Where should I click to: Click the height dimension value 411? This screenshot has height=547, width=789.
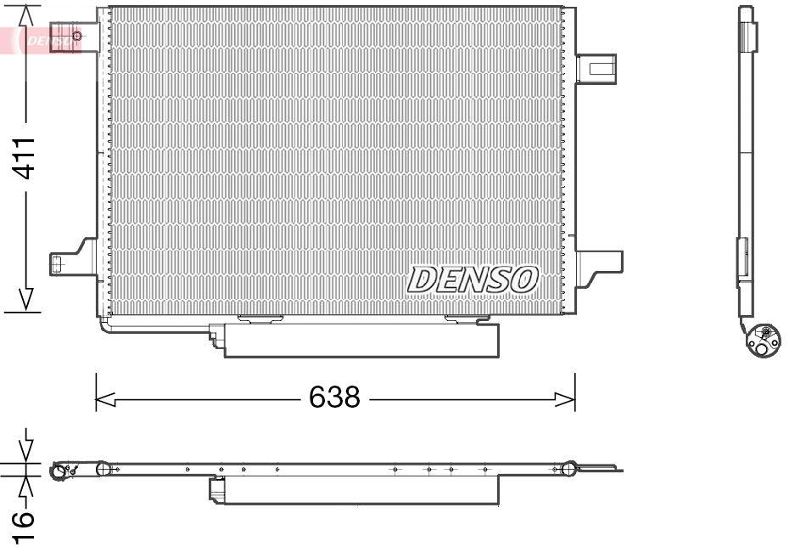[26, 158]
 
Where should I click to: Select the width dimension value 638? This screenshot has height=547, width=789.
[334, 397]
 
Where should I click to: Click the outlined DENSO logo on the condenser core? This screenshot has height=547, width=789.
[473, 279]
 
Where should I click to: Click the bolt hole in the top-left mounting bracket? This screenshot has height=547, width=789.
[77, 36]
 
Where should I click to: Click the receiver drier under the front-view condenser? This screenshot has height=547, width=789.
[361, 340]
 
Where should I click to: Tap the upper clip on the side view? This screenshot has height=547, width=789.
[748, 37]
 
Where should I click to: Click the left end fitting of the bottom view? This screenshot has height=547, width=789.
[62, 471]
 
